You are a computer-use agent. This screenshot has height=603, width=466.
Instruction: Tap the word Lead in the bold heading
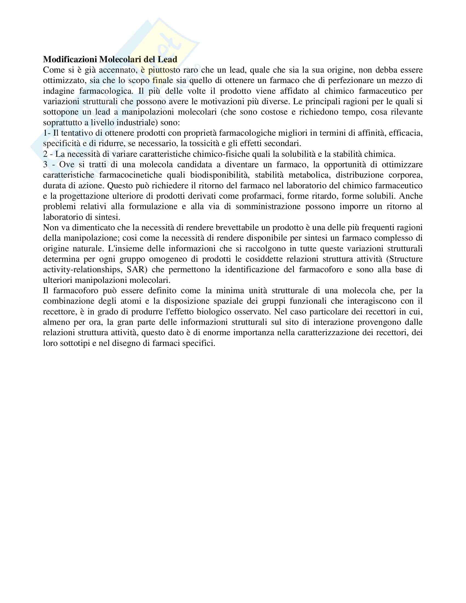point(167,59)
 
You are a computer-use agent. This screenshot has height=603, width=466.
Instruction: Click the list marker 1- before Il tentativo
point(47,133)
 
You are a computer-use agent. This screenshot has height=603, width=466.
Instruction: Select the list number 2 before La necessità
point(45,154)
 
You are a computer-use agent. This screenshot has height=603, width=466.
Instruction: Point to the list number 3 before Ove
point(45,164)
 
